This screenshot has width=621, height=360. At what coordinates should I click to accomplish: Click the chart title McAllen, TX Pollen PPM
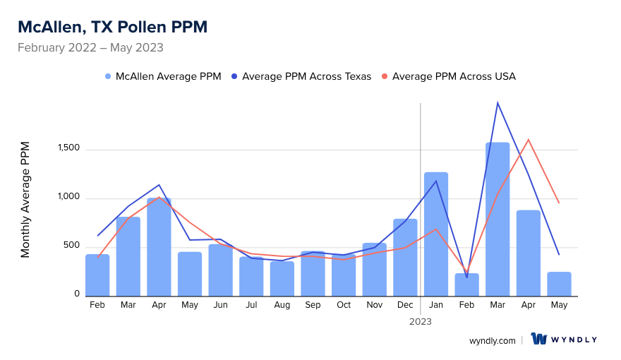112,27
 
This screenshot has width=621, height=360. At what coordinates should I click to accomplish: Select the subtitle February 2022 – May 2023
90,48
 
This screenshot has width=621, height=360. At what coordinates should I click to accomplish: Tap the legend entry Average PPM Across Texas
306,76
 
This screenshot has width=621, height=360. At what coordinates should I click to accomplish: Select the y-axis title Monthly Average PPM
25,200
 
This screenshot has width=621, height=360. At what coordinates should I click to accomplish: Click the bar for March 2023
498,219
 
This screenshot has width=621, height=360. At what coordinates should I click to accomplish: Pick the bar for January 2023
436,234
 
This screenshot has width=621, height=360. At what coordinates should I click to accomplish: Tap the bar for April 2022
159,247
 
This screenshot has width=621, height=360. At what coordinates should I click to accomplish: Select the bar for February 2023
466,284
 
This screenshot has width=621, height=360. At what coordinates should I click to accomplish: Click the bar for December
405,257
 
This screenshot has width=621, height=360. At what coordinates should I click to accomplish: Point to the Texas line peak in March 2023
498,103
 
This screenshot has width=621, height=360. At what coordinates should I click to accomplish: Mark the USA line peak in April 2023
528,140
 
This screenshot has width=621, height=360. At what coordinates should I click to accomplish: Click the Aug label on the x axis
282,305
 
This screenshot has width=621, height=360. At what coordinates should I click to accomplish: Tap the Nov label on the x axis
374,305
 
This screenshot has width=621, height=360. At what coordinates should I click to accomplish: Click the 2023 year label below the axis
421,321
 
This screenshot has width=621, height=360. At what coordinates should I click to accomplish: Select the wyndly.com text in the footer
492,340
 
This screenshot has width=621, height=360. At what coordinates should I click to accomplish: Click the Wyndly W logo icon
539,340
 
